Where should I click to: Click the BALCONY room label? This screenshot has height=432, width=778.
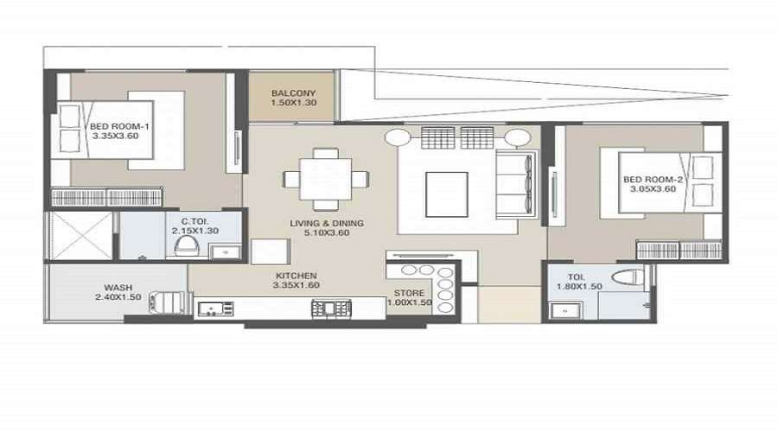[x=293, y=92]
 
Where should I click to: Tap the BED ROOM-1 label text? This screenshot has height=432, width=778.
[x=119, y=126]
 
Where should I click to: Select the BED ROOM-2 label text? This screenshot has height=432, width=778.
[x=653, y=180]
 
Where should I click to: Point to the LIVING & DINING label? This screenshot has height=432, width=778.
[x=327, y=223]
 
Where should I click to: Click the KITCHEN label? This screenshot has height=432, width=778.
[x=297, y=276]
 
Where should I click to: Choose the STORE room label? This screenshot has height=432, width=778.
[x=410, y=293]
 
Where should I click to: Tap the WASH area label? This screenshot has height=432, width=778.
[x=118, y=288]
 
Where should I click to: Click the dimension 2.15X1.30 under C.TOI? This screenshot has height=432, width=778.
[x=195, y=232]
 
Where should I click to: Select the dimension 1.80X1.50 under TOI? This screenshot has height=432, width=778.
[x=579, y=287]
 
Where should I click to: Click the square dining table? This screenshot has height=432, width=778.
[x=326, y=179]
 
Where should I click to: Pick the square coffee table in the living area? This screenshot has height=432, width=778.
[x=447, y=194]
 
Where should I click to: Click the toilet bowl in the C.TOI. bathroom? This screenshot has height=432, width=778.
[x=187, y=246]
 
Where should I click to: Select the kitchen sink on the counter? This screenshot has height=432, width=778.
[x=215, y=309]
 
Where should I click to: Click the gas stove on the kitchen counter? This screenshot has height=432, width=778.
[x=331, y=308]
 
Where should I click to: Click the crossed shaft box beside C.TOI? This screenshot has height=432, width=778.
[x=81, y=236]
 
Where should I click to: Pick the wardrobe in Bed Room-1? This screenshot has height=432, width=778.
[x=106, y=197]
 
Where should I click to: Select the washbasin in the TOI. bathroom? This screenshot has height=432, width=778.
[x=564, y=311]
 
